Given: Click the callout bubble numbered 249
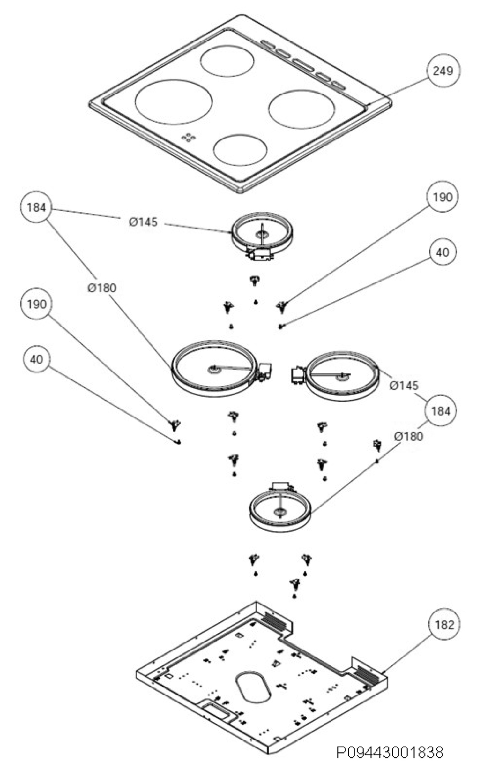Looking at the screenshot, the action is pyautogui.click(x=443, y=71).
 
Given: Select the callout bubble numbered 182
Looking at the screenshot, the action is pyautogui.click(x=444, y=625).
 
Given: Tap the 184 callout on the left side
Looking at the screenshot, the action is pyautogui.click(x=36, y=207).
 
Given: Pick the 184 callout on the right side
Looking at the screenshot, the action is pyautogui.click(x=440, y=411).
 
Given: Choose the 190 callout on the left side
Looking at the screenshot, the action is pyautogui.click(x=36, y=304).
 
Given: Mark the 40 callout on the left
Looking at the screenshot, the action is pyautogui.click(x=36, y=359).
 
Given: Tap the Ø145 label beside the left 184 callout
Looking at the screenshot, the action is pyautogui.click(x=144, y=222).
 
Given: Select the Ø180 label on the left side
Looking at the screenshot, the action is pyautogui.click(x=102, y=288).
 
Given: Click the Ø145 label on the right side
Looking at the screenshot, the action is pyautogui.click(x=404, y=385).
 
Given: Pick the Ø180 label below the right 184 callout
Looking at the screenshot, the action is pyautogui.click(x=409, y=436).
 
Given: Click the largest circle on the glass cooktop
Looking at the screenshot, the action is pyautogui.click(x=174, y=102).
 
